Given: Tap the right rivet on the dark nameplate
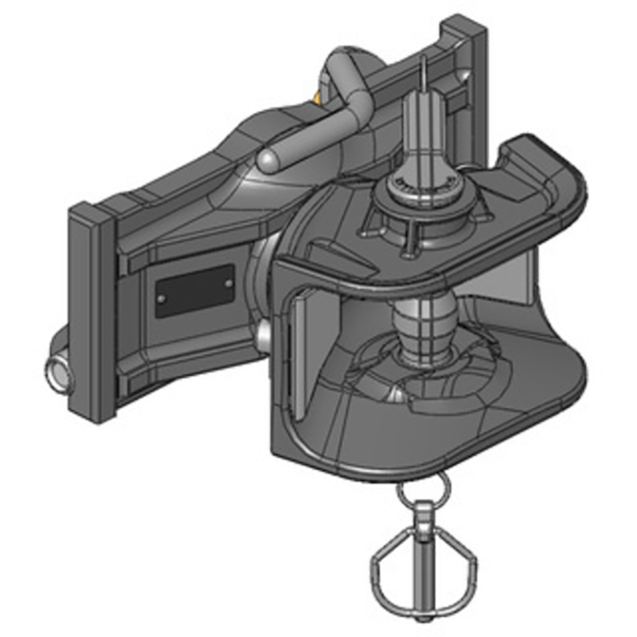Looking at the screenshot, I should (x=229, y=283).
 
